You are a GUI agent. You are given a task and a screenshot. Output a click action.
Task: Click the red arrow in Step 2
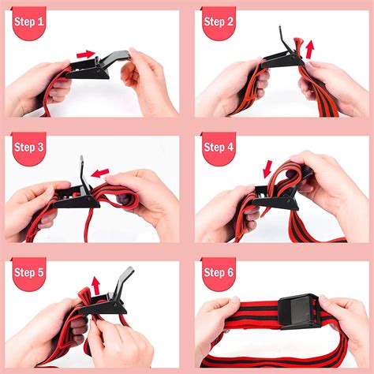point(309,49)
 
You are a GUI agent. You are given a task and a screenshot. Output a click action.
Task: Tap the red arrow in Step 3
point(99,171)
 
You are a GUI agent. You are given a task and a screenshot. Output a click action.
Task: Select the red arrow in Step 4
point(267,168)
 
